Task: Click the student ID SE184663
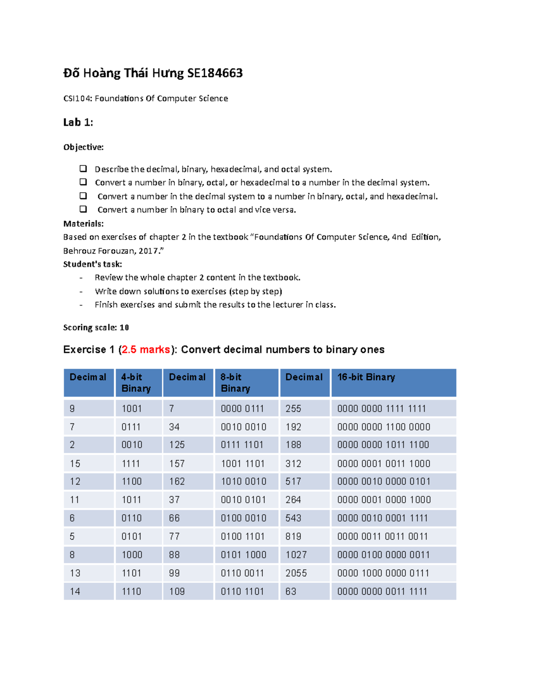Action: point(215,73)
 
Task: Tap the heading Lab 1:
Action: point(78,122)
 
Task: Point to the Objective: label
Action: point(83,147)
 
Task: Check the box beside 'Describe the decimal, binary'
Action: point(83,169)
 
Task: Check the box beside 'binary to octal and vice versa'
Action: point(83,209)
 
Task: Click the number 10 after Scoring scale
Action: point(124,328)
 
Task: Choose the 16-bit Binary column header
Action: point(366,377)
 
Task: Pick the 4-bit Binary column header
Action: point(136,383)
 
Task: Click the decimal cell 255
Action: point(293,409)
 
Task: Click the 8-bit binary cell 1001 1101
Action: point(243,463)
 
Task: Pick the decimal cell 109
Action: point(177,592)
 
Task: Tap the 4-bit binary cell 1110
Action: point(131,592)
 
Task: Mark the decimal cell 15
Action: point(75,463)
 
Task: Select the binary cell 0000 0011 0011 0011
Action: point(382,536)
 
